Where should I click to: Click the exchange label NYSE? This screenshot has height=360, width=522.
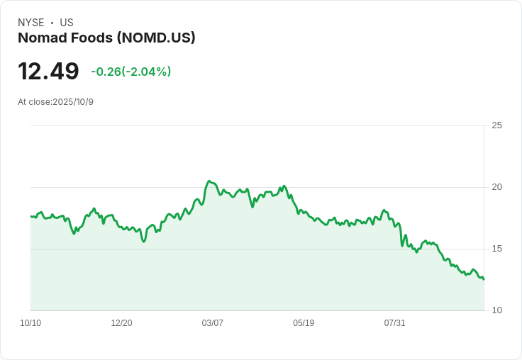(x=31, y=23)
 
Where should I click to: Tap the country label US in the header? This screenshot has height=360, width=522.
(x=67, y=23)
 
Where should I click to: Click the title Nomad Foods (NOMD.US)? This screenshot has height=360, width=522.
(x=106, y=38)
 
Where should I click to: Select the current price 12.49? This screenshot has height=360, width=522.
(x=48, y=72)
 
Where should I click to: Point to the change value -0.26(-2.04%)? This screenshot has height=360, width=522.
(x=131, y=72)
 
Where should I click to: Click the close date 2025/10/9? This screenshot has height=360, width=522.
(x=73, y=102)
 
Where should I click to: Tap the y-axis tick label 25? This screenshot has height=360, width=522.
(x=497, y=125)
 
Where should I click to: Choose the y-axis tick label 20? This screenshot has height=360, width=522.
(x=497, y=187)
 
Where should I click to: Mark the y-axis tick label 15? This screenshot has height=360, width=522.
(x=497, y=249)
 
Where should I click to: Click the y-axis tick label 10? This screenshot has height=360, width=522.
(x=497, y=310)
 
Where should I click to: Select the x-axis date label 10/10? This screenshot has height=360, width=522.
(x=30, y=323)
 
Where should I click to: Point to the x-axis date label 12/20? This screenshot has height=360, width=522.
(x=121, y=323)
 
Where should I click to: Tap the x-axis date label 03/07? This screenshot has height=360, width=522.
(x=213, y=323)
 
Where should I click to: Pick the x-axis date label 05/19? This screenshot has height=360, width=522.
(x=304, y=323)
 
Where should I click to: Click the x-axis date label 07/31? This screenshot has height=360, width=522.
(x=394, y=323)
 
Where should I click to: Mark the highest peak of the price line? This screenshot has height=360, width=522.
(x=209, y=181)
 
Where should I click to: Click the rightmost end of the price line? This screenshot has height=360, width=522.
(x=484, y=279)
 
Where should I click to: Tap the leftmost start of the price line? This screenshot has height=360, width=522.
(x=31, y=216)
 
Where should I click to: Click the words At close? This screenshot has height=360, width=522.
(x=34, y=102)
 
